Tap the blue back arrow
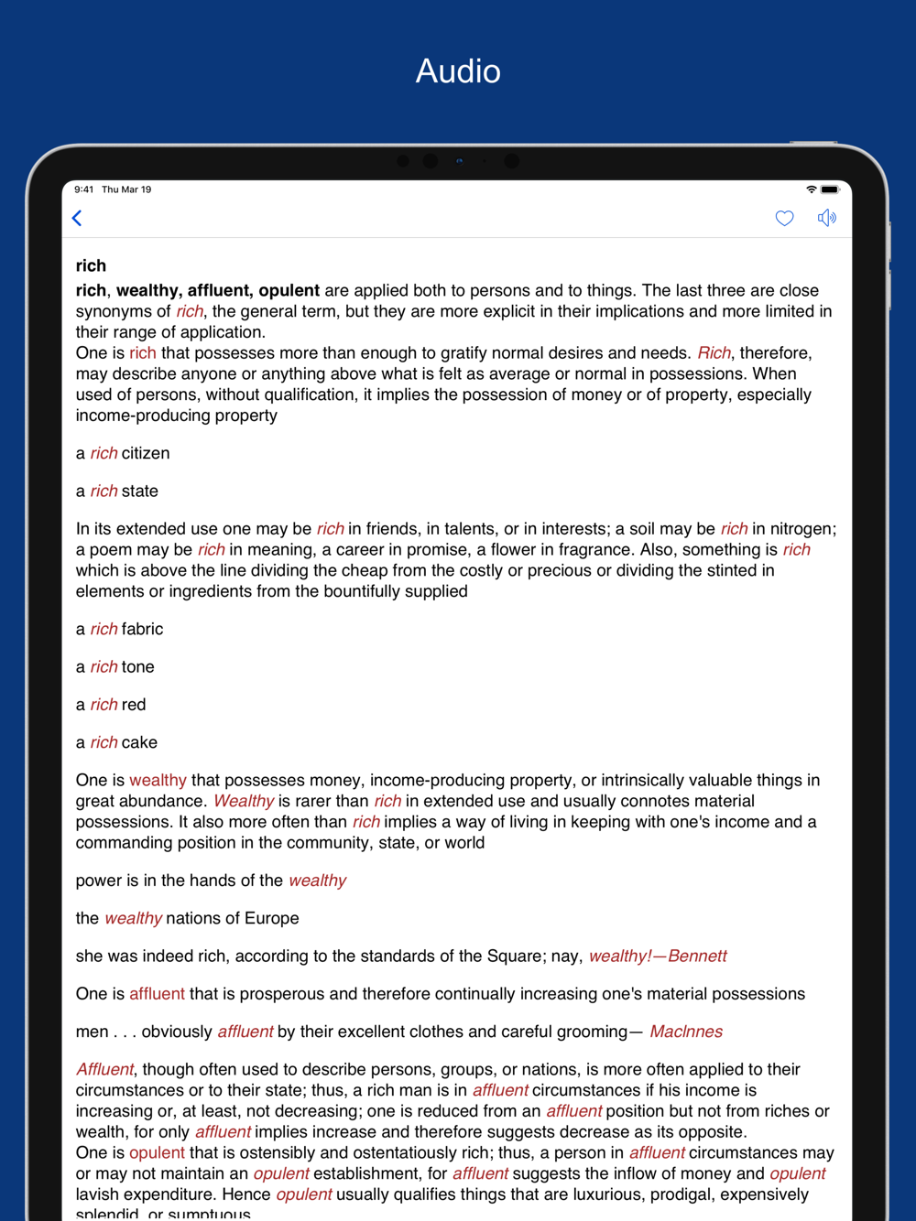[78, 218]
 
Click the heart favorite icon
[784, 218]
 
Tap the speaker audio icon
[826, 218]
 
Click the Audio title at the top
[458, 71]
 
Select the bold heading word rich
[91, 265]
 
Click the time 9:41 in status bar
[84, 189]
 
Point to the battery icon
[829, 189]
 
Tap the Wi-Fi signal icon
[811, 189]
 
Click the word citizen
[146, 453]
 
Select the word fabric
[143, 629]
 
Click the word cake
[140, 742]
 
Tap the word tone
[138, 666]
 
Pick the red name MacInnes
[686, 1032]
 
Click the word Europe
[272, 918]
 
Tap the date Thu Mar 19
[126, 189]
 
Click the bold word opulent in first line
[289, 290]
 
